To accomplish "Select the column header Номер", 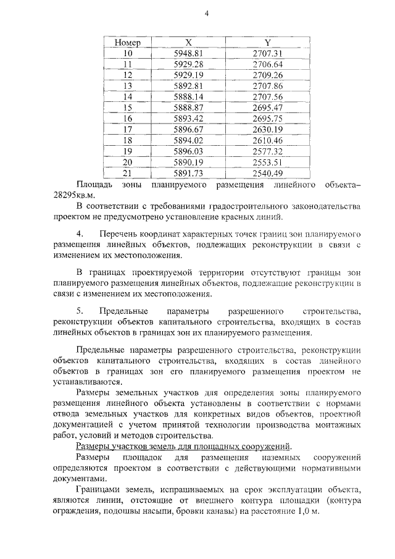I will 128,43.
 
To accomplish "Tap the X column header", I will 189,43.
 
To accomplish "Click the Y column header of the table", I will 267,43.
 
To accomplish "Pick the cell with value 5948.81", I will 189,53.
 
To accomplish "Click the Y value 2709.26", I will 267,75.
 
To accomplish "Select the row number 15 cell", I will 128,107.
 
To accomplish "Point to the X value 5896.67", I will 189,129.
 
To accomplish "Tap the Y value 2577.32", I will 267,151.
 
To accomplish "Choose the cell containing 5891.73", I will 189,173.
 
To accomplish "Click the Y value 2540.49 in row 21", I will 267,173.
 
